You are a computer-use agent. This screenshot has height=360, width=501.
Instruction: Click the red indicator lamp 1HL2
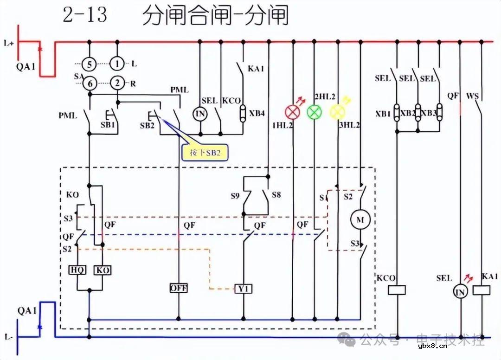click(293, 112)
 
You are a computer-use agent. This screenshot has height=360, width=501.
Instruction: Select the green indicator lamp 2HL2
click(315, 112)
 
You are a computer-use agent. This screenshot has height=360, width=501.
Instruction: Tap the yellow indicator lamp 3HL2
click(337, 112)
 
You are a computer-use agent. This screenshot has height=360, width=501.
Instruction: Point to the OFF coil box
click(178, 288)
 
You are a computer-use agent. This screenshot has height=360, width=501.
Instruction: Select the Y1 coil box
click(243, 289)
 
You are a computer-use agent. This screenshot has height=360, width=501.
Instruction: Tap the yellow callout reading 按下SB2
click(206, 153)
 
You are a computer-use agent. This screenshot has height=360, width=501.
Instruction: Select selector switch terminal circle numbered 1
click(117, 64)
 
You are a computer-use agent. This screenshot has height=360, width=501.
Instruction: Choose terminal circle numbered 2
click(117, 84)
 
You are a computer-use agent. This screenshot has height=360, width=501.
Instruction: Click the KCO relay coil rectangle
click(397, 290)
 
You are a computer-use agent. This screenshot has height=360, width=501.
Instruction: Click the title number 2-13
click(85, 16)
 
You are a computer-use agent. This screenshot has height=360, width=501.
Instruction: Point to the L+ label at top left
click(8, 43)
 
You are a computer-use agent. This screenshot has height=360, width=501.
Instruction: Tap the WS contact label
click(472, 96)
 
